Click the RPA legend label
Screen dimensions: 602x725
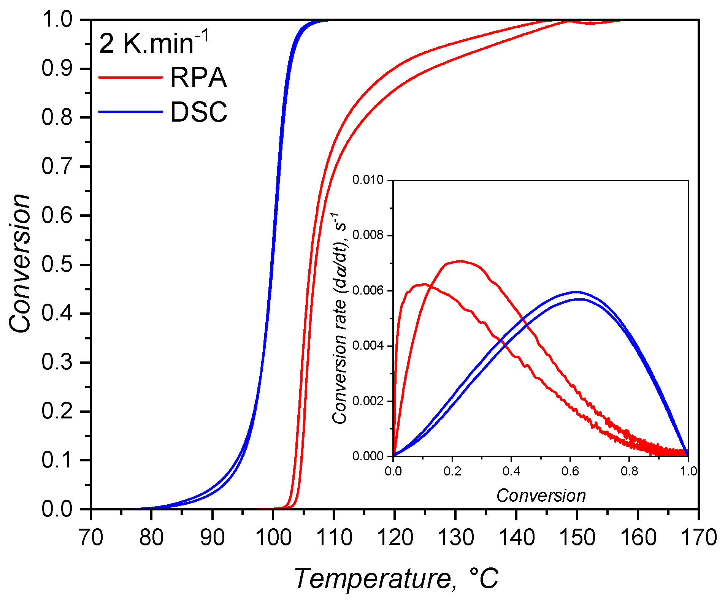point(198,78)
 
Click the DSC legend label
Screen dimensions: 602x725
point(198,112)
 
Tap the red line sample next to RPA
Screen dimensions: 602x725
point(130,78)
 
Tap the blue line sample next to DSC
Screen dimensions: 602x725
point(130,112)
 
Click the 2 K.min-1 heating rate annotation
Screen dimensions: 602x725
point(154,43)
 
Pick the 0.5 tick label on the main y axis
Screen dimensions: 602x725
point(57,265)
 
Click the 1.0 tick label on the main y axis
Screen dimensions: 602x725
point(57,19)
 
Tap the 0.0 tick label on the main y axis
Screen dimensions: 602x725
point(57,509)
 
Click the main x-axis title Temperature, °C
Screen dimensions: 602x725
point(395,578)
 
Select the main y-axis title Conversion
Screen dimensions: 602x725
point(20,264)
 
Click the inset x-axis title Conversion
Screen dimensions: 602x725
point(541,496)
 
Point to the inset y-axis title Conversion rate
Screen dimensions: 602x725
point(339,318)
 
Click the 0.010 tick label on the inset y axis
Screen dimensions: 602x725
point(368,180)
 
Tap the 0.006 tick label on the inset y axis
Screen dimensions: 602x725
point(368,291)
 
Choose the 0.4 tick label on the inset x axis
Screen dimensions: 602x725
point(511,471)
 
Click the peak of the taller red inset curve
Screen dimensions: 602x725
point(460,261)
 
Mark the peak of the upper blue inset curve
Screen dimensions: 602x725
point(577,292)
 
